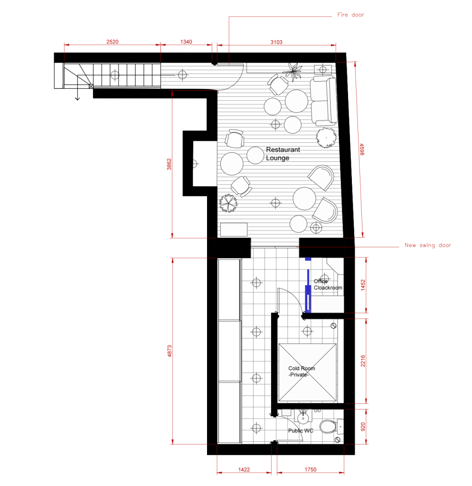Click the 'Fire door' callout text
click(350, 15)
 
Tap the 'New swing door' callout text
click(428, 245)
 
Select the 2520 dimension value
click(112, 42)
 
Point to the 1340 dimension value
click(186, 42)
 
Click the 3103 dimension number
click(276, 42)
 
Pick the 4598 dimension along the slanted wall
click(362, 150)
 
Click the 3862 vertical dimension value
click(169, 164)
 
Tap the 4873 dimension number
click(170, 351)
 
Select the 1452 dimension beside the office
click(363, 285)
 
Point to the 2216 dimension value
click(363, 361)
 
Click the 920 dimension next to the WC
click(363, 427)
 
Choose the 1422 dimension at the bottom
click(244, 469)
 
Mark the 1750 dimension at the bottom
click(311, 469)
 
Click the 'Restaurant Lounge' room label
click(283, 154)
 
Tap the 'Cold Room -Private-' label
click(302, 371)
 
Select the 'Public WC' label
click(301, 430)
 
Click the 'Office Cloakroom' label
click(328, 285)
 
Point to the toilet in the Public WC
click(331, 427)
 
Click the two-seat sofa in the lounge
click(323, 101)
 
